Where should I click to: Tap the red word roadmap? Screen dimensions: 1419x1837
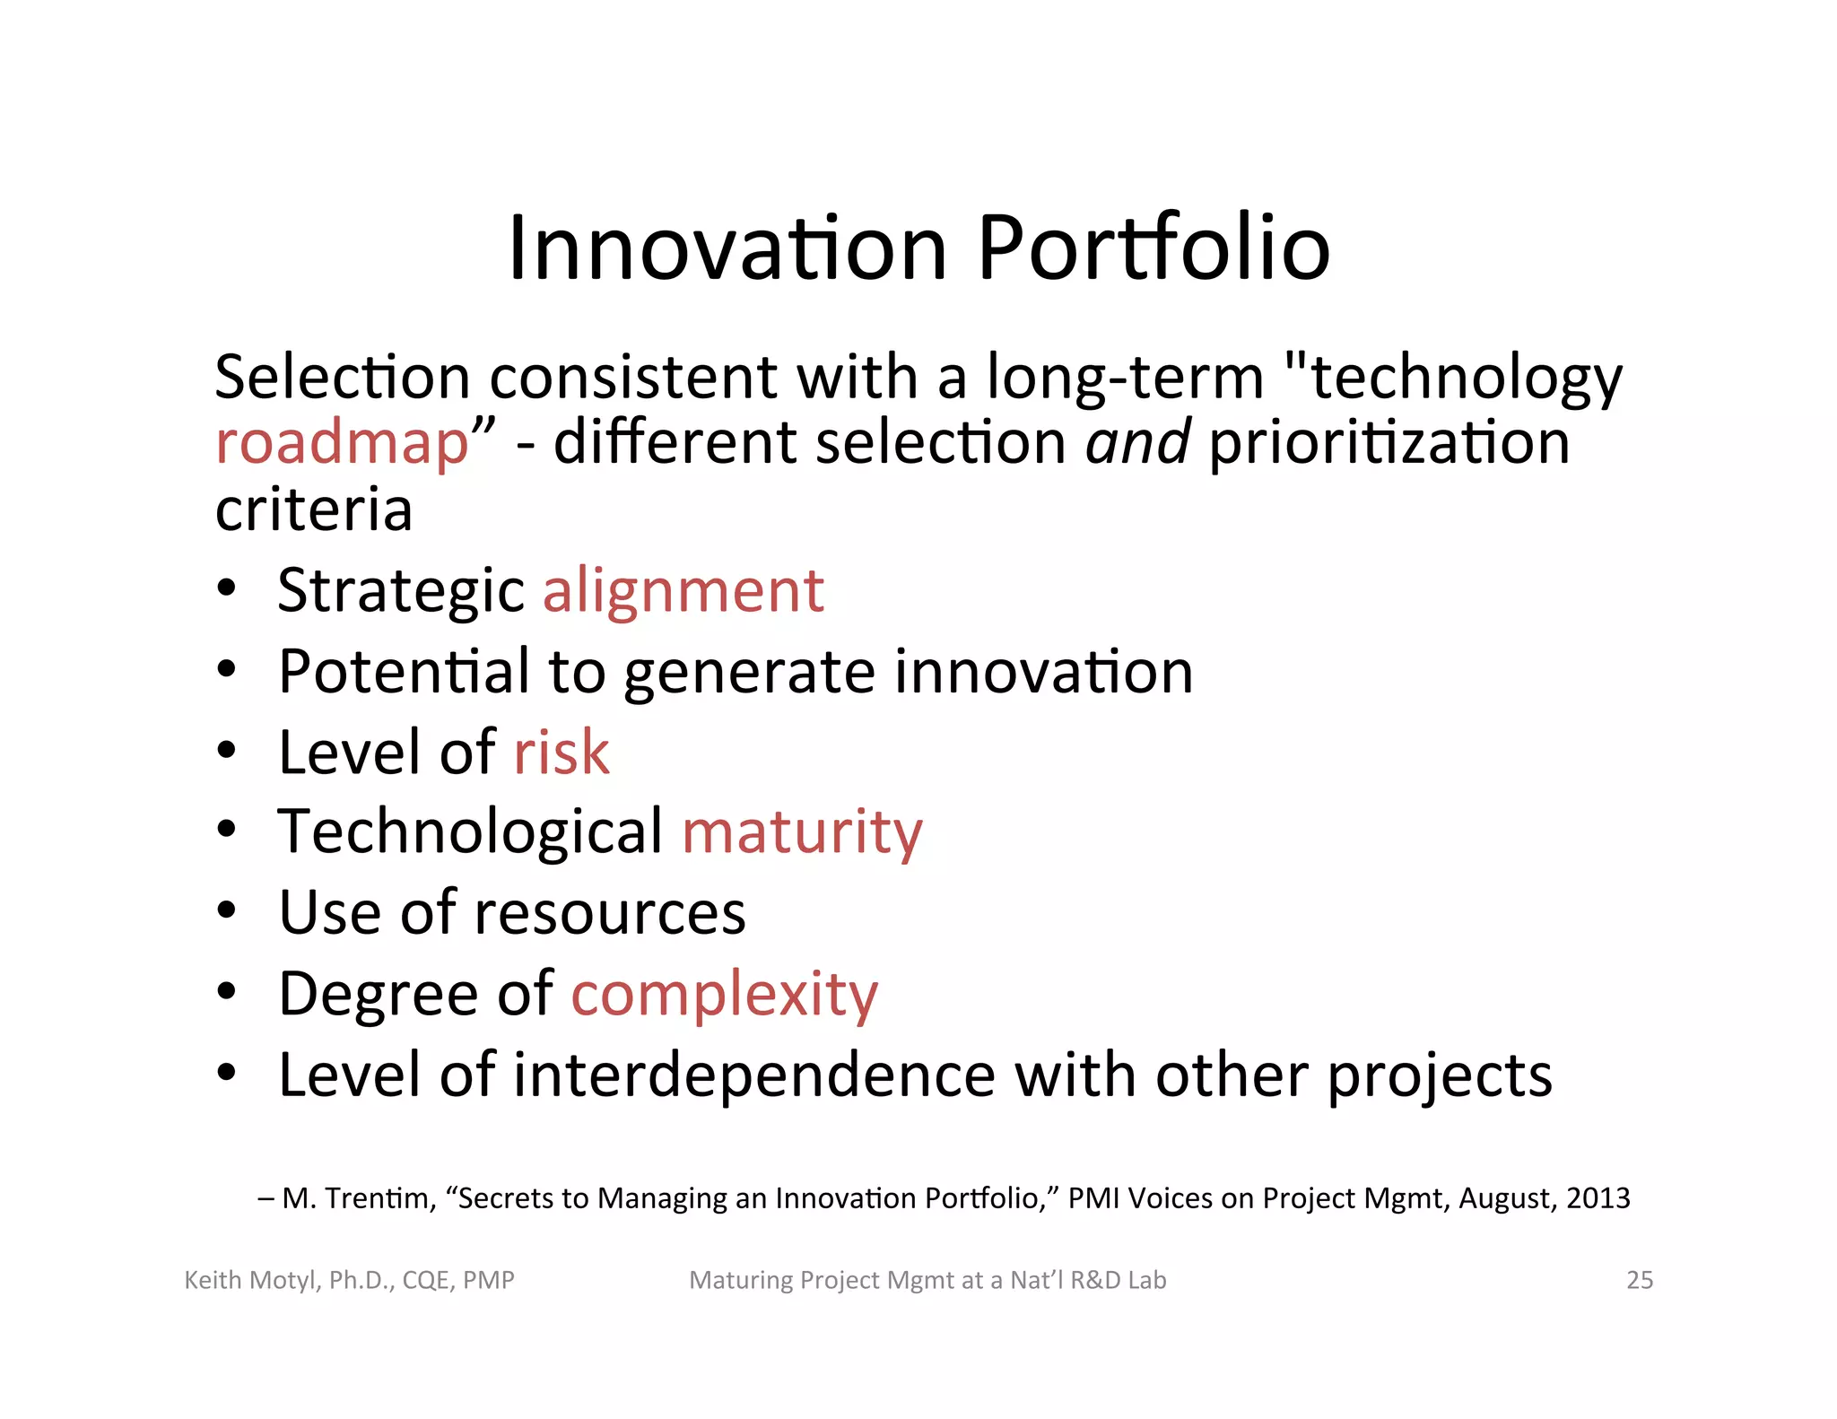tap(342, 443)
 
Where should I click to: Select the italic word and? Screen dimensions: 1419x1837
tap(1137, 443)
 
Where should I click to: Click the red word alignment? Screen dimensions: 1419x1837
tap(683, 591)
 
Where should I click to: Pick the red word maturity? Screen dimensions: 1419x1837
tap(802, 831)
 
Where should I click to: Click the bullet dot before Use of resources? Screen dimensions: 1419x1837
tap(227, 911)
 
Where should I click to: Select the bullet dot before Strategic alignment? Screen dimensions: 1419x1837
tap(227, 589)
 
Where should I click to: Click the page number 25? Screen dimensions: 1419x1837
tap(1640, 1280)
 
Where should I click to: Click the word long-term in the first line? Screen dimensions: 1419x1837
tap(1125, 377)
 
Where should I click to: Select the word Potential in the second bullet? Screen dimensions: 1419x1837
tap(404, 671)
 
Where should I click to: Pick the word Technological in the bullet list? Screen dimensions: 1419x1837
tap(470, 831)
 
